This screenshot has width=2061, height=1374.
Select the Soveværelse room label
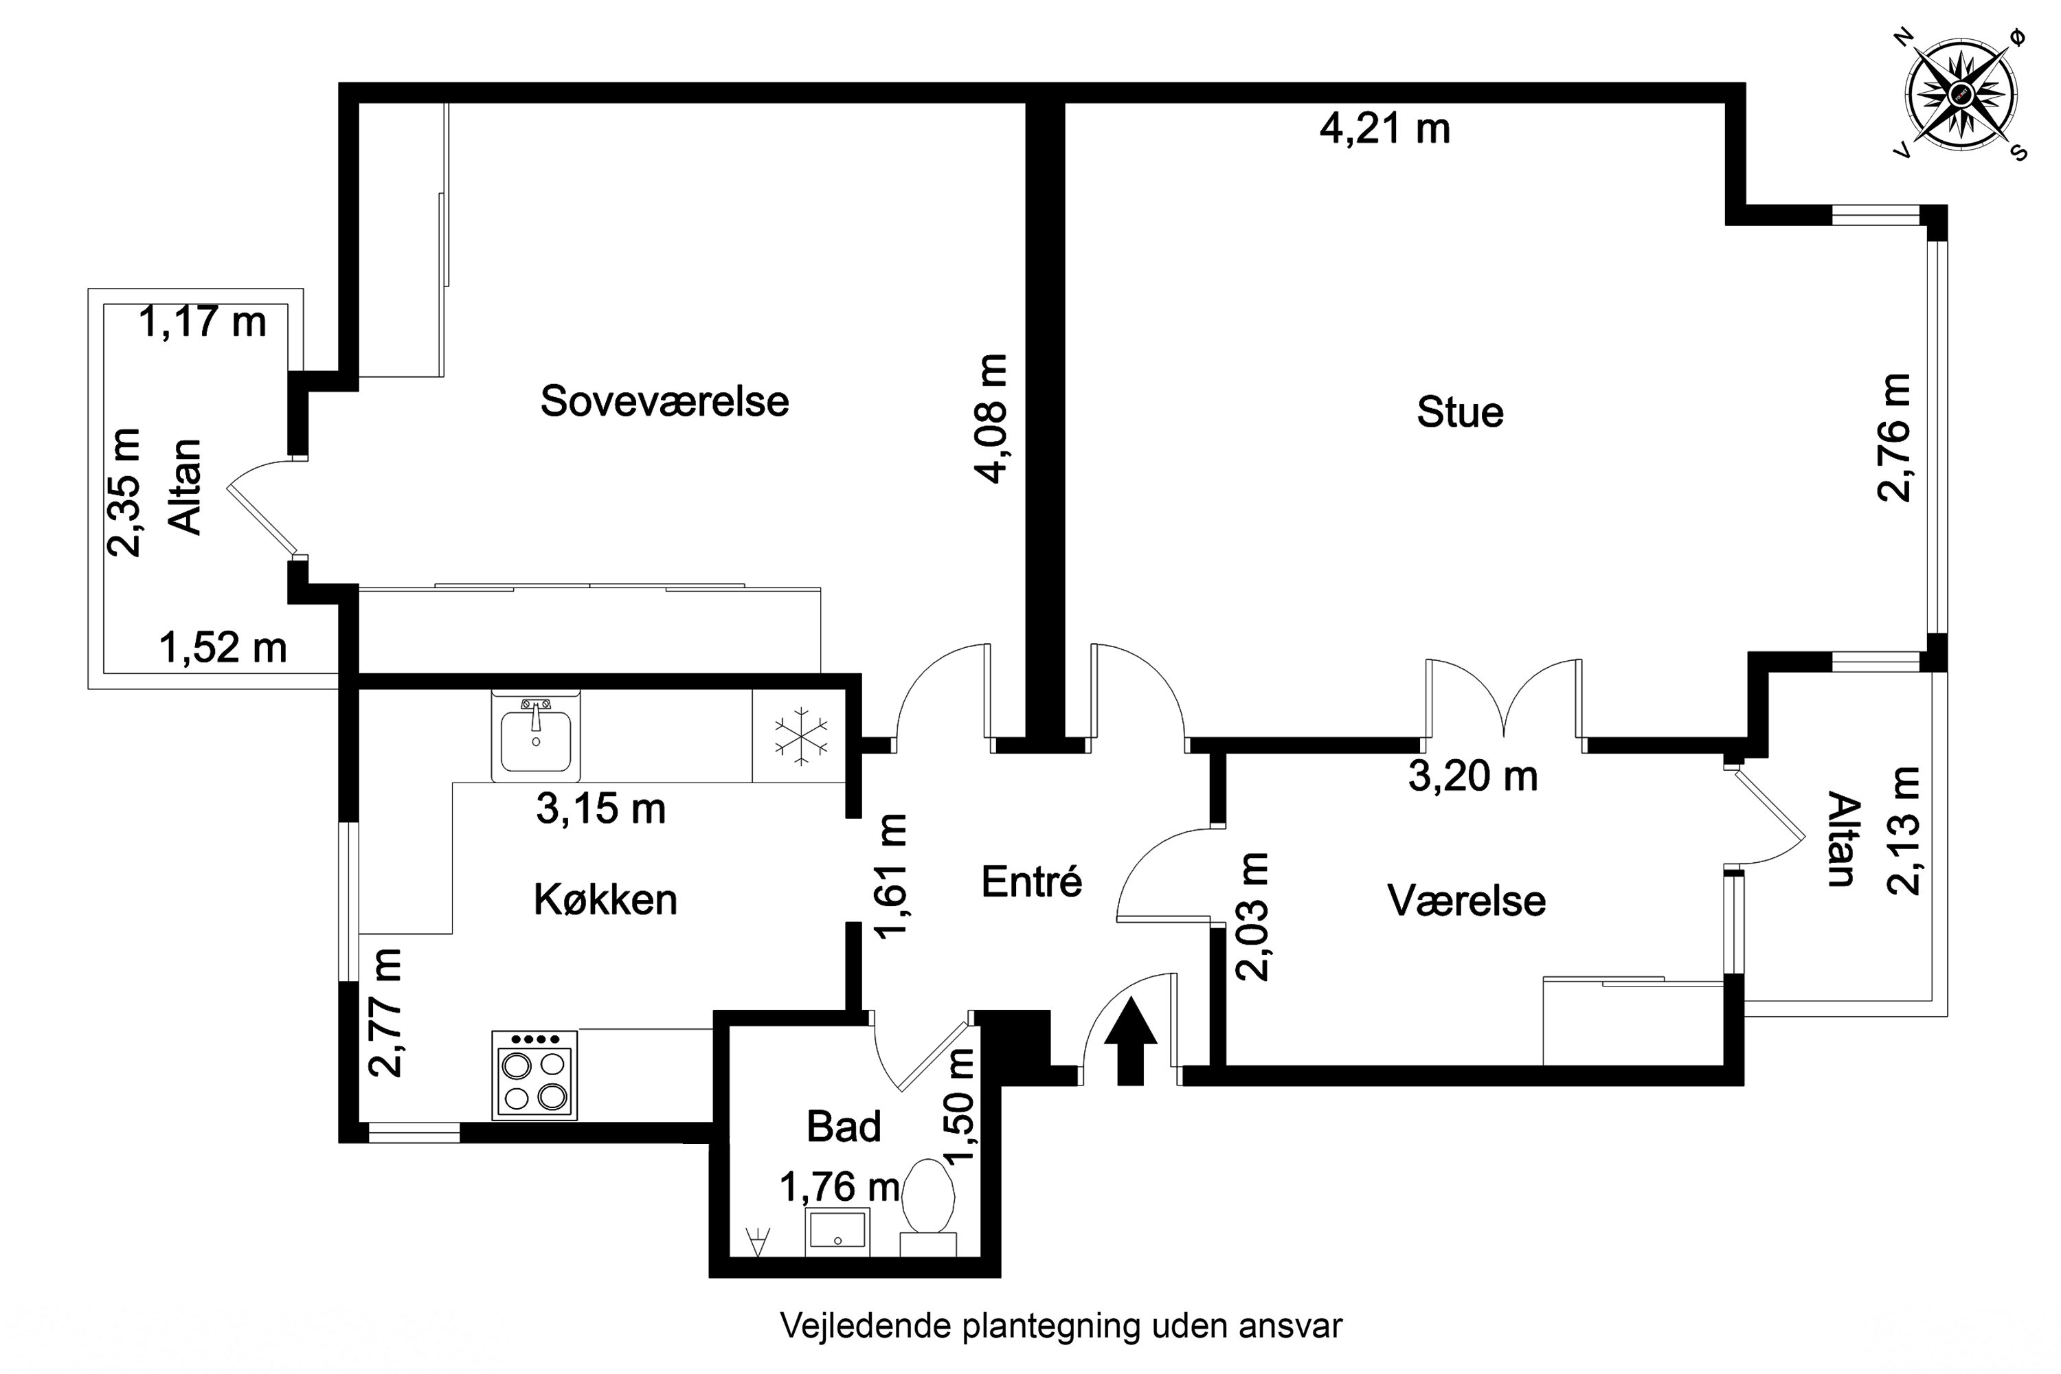664,401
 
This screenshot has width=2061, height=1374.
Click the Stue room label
1460,413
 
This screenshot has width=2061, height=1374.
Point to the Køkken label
605,900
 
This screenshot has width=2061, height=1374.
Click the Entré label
1031,881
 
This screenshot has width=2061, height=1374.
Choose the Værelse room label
1466,901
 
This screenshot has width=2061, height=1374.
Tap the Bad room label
843,1126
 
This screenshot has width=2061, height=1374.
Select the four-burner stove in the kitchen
534,1075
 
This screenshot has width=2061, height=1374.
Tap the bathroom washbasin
837,1231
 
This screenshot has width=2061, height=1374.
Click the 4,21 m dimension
1384,130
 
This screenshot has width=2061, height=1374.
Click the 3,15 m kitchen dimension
601,809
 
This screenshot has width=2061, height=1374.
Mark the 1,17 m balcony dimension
203,322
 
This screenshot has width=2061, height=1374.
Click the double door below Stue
1504,701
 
